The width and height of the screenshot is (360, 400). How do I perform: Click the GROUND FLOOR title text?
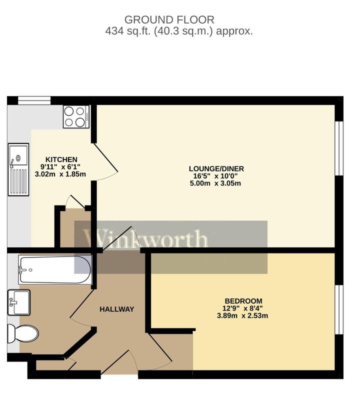[169, 20]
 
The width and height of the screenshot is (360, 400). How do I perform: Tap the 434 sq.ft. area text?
[178, 31]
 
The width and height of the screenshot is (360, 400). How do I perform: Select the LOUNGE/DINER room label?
[216, 168]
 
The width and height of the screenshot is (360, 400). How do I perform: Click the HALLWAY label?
[116, 309]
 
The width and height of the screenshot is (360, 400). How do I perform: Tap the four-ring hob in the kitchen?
[76, 116]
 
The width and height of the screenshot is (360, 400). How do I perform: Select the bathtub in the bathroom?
[55, 269]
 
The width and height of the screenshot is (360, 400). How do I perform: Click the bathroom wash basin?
[19, 301]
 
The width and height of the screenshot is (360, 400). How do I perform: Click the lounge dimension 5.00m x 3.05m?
[216, 183]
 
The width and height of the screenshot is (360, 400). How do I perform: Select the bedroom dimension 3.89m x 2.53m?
[242, 315]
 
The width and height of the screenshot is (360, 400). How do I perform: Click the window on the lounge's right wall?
[339, 148]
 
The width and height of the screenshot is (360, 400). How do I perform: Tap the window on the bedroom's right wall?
[339, 308]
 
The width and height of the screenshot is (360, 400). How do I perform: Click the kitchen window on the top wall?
[34, 100]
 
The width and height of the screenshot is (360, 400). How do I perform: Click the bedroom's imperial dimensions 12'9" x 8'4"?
[242, 308]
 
